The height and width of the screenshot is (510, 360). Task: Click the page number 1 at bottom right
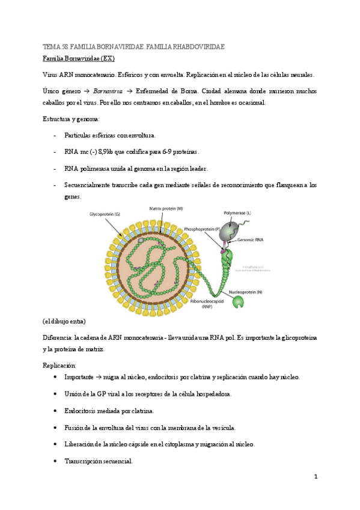[x=315, y=477]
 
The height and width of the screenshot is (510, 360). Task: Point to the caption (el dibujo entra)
[x=64, y=322]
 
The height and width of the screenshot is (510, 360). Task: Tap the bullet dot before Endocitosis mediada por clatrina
[x=55, y=411]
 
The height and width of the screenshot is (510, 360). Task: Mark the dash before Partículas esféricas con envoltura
[x=55, y=135]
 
